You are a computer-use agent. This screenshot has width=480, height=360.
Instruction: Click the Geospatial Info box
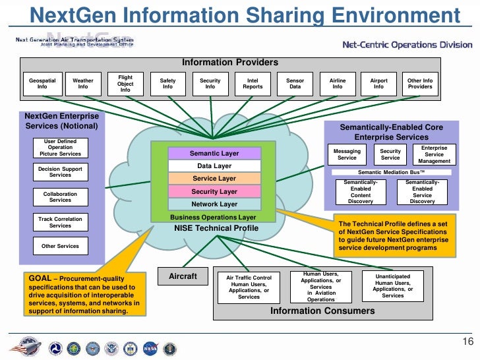point(42,84)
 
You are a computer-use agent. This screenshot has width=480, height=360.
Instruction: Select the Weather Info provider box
point(83,84)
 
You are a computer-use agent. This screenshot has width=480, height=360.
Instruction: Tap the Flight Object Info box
point(125,84)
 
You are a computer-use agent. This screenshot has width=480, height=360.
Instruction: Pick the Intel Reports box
point(253,84)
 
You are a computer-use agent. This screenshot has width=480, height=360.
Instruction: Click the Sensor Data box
point(295,84)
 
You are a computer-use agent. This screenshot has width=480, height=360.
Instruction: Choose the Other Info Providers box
point(420,84)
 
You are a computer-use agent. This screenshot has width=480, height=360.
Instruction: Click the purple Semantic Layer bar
point(214,154)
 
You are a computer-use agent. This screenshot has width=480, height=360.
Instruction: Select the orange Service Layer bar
point(214,179)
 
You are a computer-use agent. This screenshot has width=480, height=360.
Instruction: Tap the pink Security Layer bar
point(214,192)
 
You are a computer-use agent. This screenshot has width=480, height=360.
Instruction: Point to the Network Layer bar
point(214,204)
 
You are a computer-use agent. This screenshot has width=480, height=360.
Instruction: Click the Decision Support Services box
point(60,172)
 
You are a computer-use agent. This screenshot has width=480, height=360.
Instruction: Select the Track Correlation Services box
point(60,222)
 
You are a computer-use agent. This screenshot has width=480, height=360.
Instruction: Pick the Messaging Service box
point(347,154)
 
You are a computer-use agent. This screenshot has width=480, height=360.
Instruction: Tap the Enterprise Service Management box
point(434,154)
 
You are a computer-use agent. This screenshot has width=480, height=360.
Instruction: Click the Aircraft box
point(183,276)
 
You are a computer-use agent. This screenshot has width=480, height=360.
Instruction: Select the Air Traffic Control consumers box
point(249,287)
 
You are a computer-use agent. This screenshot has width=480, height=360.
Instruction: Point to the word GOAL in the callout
point(40,278)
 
